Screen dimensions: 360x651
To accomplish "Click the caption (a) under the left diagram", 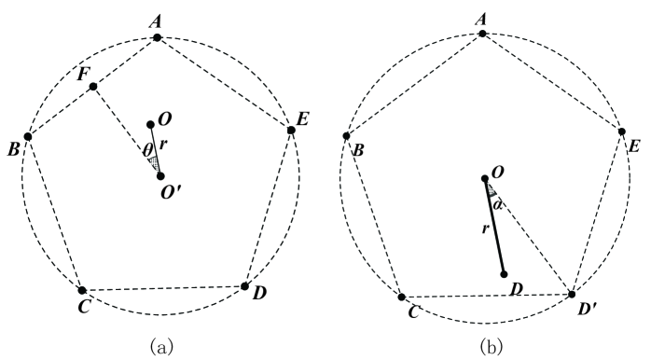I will (x=161, y=345).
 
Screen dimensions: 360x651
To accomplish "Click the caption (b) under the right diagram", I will (x=488, y=345).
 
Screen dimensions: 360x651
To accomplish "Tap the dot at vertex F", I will (x=93, y=87).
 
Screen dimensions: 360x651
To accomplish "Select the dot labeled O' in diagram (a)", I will (x=160, y=175).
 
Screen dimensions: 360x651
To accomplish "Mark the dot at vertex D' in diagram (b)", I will (x=572, y=294).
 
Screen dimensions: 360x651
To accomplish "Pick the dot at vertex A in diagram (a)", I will (x=158, y=37).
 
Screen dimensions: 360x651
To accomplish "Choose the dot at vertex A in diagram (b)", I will (x=482, y=34).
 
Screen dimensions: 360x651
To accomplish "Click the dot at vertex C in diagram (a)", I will (x=82, y=290).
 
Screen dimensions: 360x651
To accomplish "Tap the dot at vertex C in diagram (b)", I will (x=402, y=298).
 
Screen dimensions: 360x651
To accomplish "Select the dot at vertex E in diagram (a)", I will (x=291, y=130).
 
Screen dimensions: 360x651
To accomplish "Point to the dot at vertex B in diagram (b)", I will (x=347, y=136).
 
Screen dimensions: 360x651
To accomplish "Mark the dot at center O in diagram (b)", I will (x=484, y=178).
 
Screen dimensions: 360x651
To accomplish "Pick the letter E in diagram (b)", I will (x=634, y=147).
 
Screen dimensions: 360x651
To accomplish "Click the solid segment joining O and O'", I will (x=155, y=149).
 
